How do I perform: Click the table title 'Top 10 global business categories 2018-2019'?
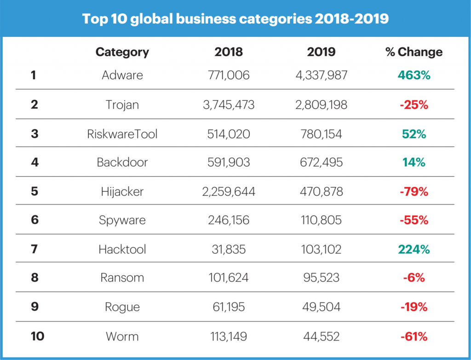tap(235, 19)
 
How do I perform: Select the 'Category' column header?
tap(122, 52)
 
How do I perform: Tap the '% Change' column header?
tap(414, 52)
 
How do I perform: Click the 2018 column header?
tap(229, 52)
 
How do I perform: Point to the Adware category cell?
tap(122, 75)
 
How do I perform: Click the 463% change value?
tap(414, 75)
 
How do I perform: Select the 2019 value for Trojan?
tap(321, 105)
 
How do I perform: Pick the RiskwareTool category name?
tap(122, 134)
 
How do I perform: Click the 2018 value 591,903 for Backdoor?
tap(229, 162)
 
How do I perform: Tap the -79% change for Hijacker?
tap(414, 192)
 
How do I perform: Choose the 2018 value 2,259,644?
tap(229, 192)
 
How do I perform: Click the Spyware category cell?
tap(122, 220)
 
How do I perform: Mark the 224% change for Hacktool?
tap(414, 249)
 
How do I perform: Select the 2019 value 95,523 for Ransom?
tap(321, 278)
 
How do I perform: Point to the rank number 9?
tap(34, 307)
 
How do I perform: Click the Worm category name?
tap(122, 336)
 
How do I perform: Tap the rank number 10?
tap(37, 336)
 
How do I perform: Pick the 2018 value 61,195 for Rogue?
tap(229, 307)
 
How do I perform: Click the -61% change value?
tap(414, 336)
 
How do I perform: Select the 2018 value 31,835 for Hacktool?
tap(229, 249)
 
